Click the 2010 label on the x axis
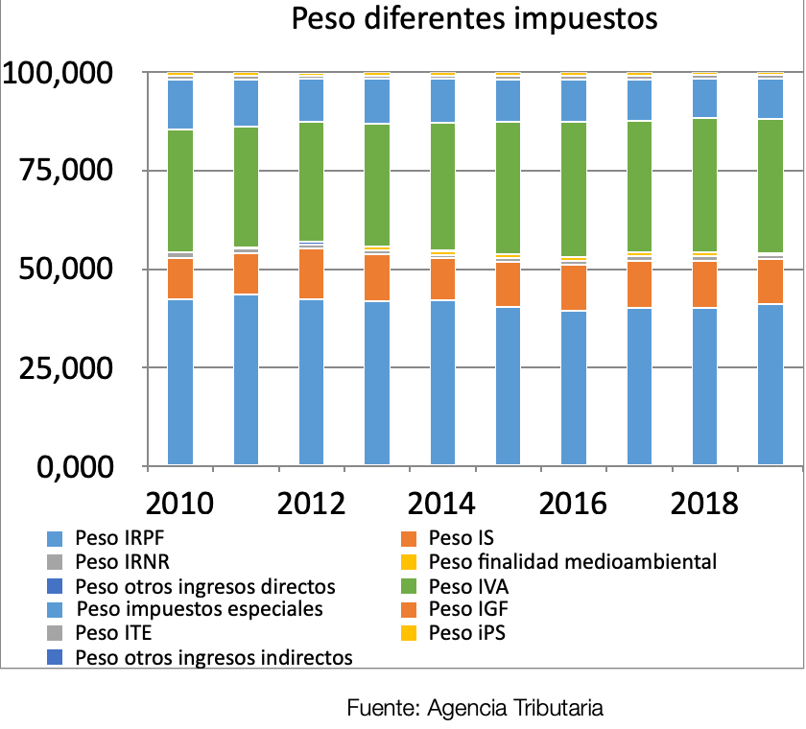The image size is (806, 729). click(x=179, y=503)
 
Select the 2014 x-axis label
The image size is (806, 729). click(x=442, y=503)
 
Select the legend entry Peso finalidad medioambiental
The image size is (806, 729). click(x=572, y=561)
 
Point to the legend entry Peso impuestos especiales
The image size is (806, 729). click(x=199, y=609)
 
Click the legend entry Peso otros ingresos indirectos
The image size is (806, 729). click(x=213, y=657)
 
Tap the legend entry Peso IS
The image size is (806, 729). click(x=461, y=537)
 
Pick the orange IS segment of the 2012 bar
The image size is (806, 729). click(x=311, y=273)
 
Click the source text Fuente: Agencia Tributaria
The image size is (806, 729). click(x=475, y=709)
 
